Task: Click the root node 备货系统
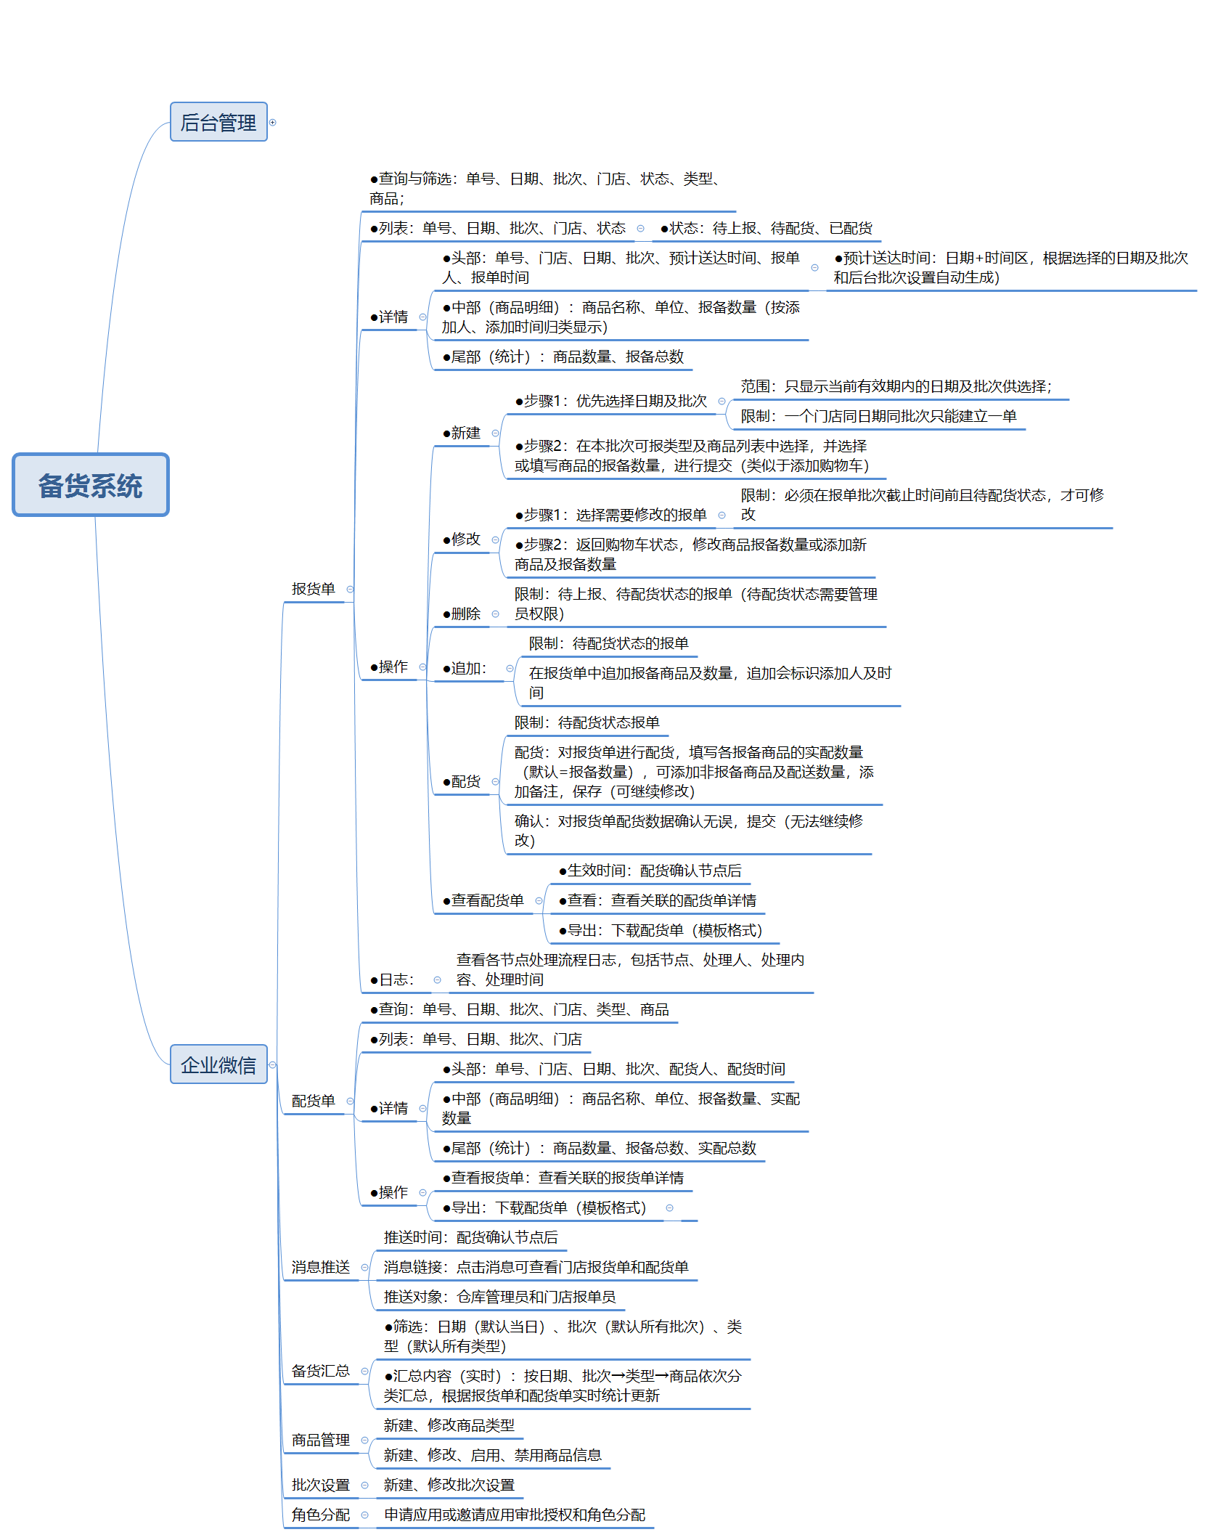click(90, 485)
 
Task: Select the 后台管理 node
click(218, 122)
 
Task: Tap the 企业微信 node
click(218, 1064)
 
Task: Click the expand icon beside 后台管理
click(273, 122)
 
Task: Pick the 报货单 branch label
click(313, 589)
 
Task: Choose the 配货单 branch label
click(313, 1101)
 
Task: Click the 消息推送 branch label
click(320, 1267)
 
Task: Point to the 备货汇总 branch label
click(320, 1371)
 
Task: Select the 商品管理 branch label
click(320, 1440)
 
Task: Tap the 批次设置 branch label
click(320, 1485)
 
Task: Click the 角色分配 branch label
click(320, 1515)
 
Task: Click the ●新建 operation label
click(462, 433)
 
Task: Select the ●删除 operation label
click(462, 614)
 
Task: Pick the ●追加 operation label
click(465, 668)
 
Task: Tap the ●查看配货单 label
click(483, 900)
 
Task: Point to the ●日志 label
click(392, 979)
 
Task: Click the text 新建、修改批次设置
click(449, 1485)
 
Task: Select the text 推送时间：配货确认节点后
click(470, 1237)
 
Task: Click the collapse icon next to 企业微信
click(273, 1064)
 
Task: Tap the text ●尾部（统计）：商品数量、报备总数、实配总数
click(600, 1148)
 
